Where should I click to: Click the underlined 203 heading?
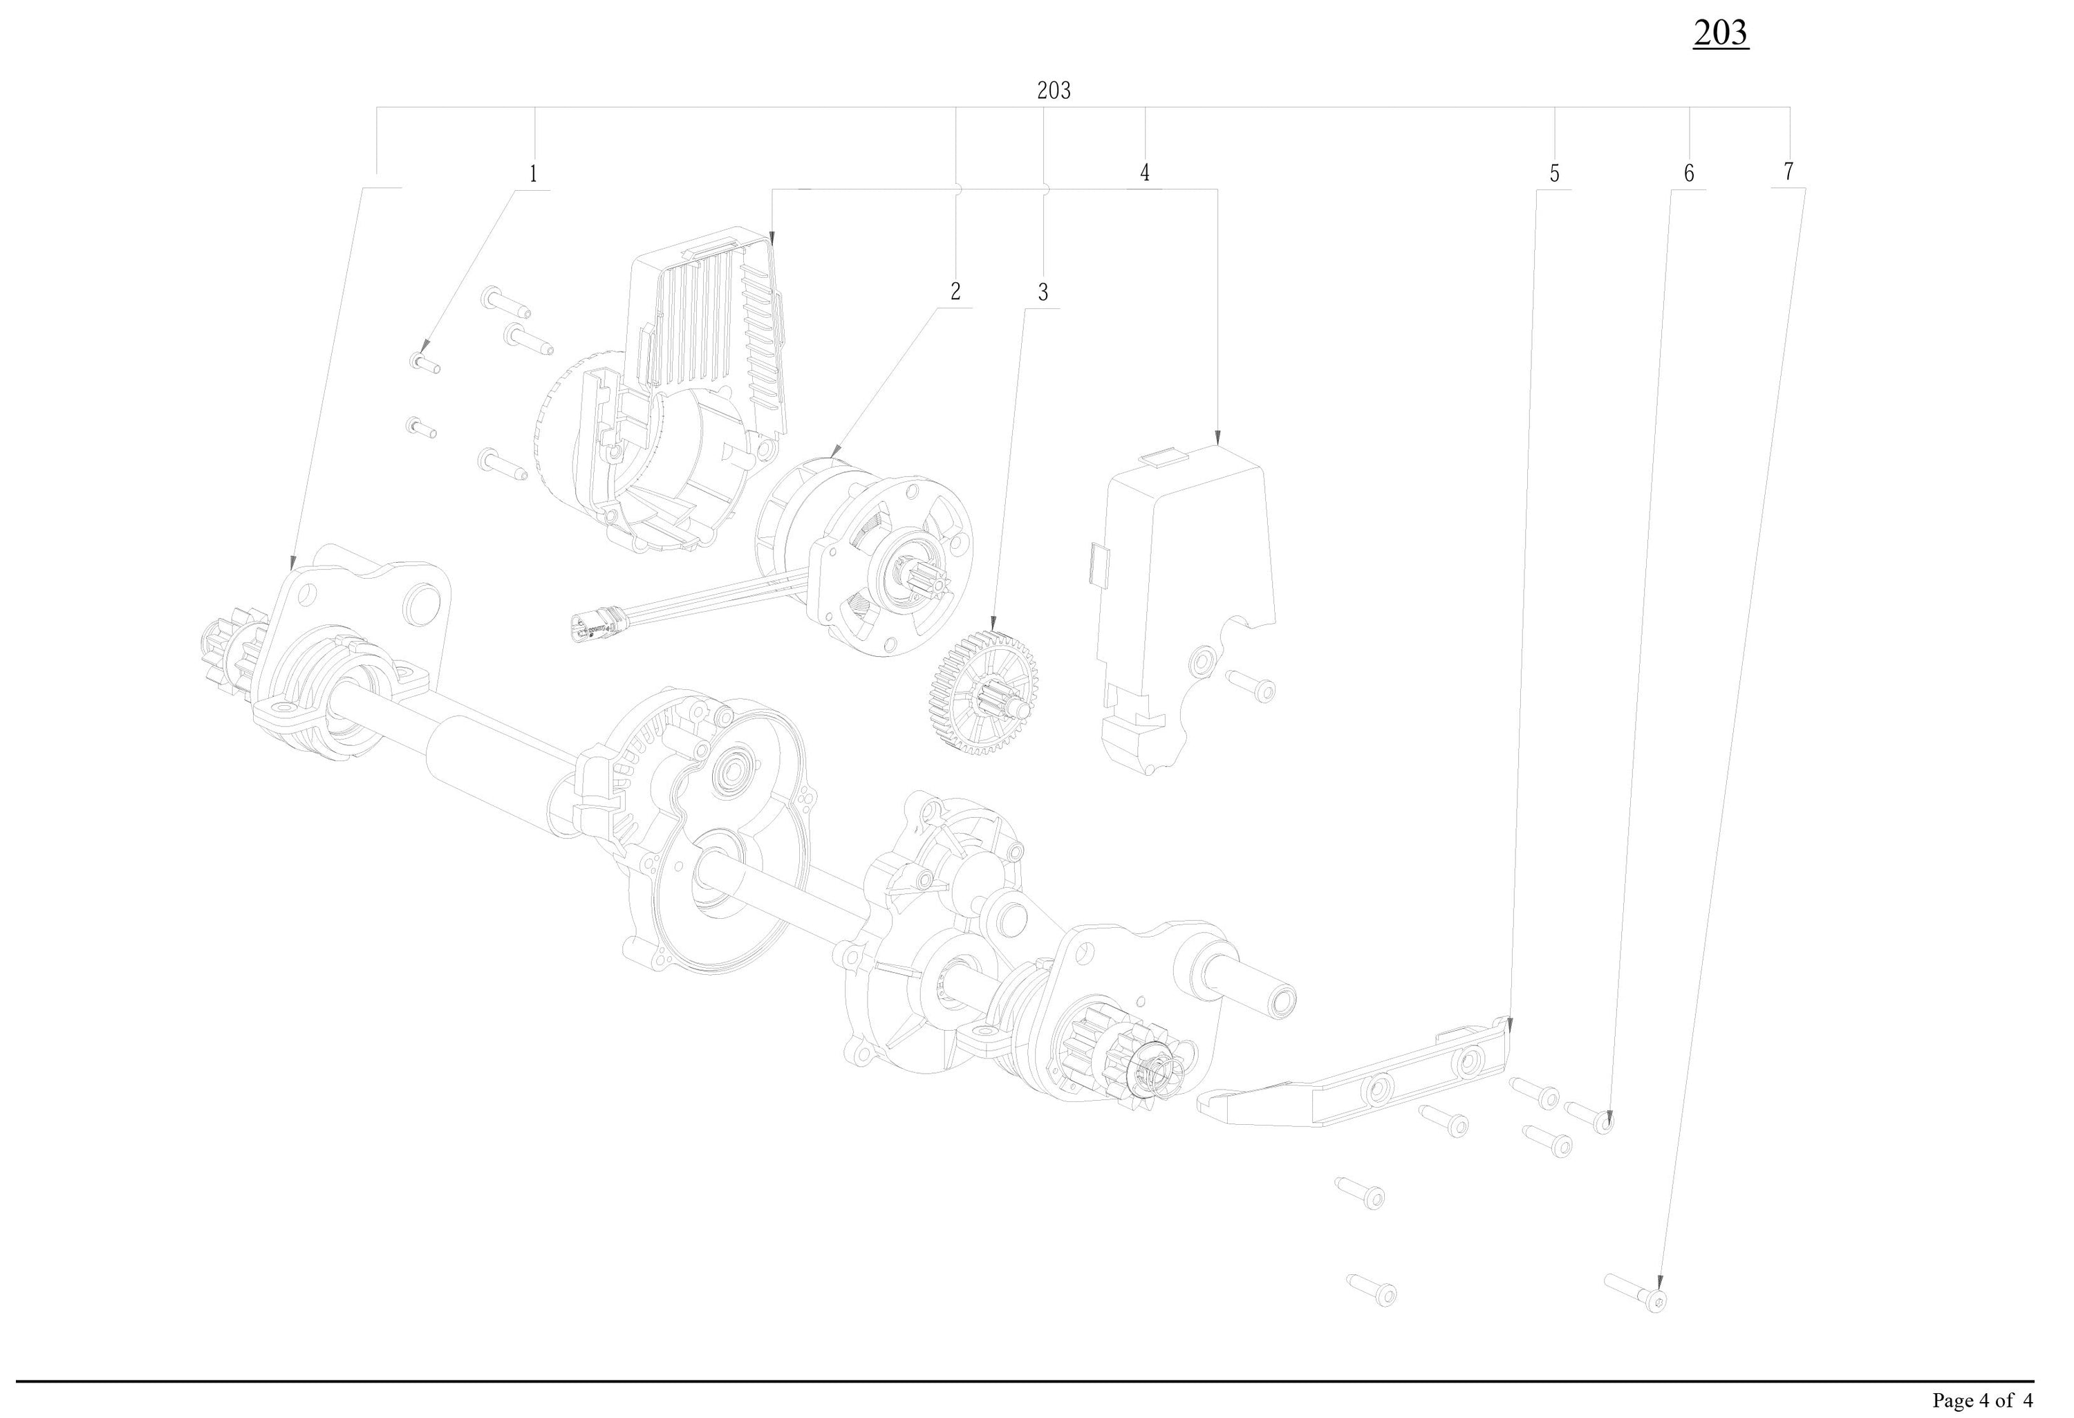(1721, 33)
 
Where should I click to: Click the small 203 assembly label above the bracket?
(1054, 90)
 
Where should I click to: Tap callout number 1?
(534, 173)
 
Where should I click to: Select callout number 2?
(955, 291)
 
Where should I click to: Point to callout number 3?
(1043, 292)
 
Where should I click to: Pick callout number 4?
(1145, 173)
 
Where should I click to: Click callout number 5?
(1555, 174)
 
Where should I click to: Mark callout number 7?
(1788, 171)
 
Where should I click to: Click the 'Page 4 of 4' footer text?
(1983, 1400)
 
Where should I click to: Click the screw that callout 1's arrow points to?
(424, 363)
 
